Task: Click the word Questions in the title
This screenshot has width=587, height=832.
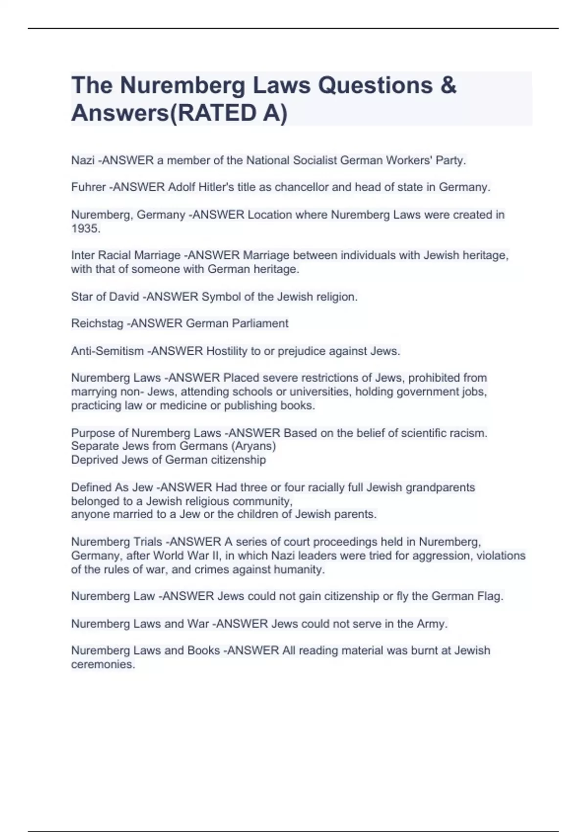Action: [376, 85]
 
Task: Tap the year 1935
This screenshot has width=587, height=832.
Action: [85, 229]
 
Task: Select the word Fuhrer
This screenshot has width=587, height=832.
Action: [89, 187]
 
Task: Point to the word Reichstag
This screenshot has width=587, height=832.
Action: [97, 324]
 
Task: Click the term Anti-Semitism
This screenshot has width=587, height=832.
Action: [107, 351]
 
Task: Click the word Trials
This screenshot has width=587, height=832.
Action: [147, 542]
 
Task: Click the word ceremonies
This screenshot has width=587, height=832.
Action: [102, 665]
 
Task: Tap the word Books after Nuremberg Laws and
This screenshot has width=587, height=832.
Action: [203, 650]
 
